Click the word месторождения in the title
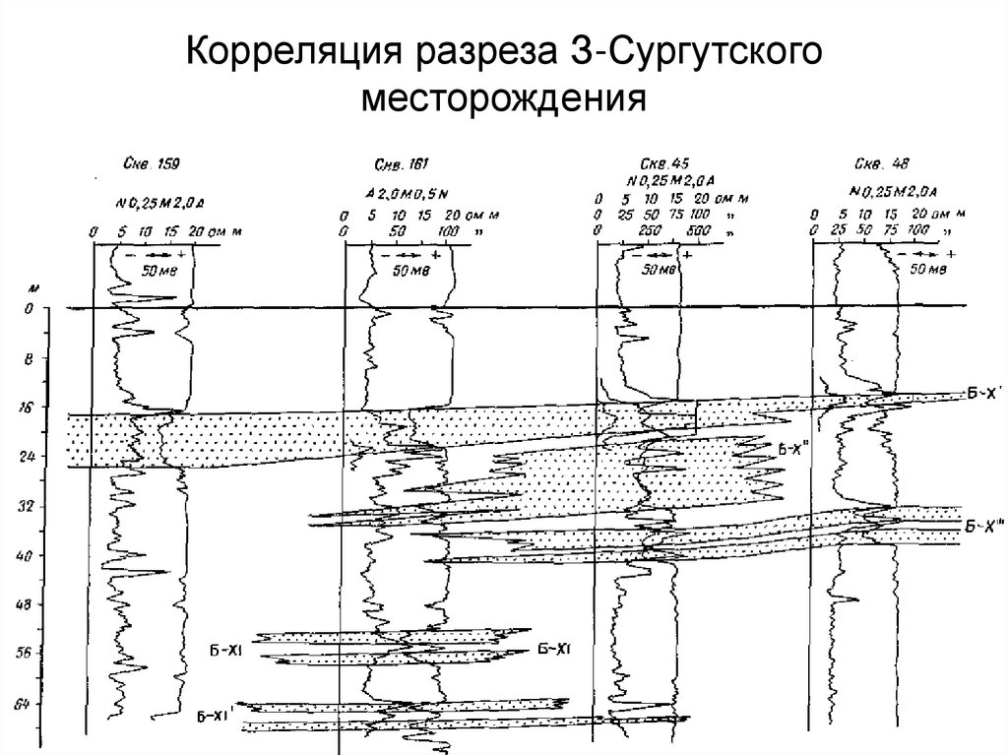tap(504, 98)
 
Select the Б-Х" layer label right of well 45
tap(792, 450)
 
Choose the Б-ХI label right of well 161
tap(555, 648)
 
